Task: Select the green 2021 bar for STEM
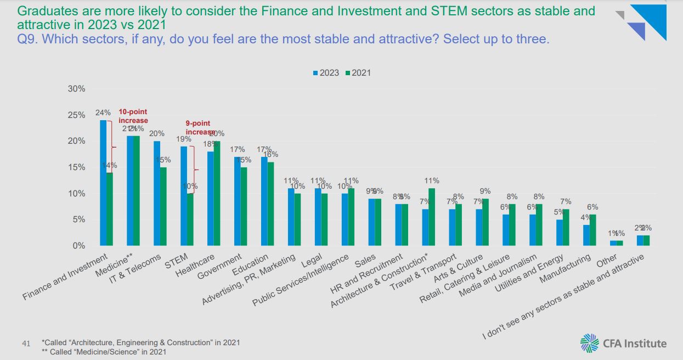pyautogui.click(x=190, y=219)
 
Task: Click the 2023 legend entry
pyautogui.click(x=326, y=73)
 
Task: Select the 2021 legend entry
pyautogui.click(x=358, y=73)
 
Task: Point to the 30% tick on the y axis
pyautogui.click(x=76, y=89)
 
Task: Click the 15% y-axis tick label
pyautogui.click(x=76, y=167)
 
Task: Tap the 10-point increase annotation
pyautogui.click(x=133, y=116)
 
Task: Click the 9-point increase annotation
pyautogui.click(x=199, y=127)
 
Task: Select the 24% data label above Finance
pyautogui.click(x=103, y=113)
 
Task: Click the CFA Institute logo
pyautogui.click(x=623, y=343)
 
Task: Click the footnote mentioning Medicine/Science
pyautogui.click(x=104, y=352)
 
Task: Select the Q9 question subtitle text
pyautogui.click(x=283, y=39)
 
